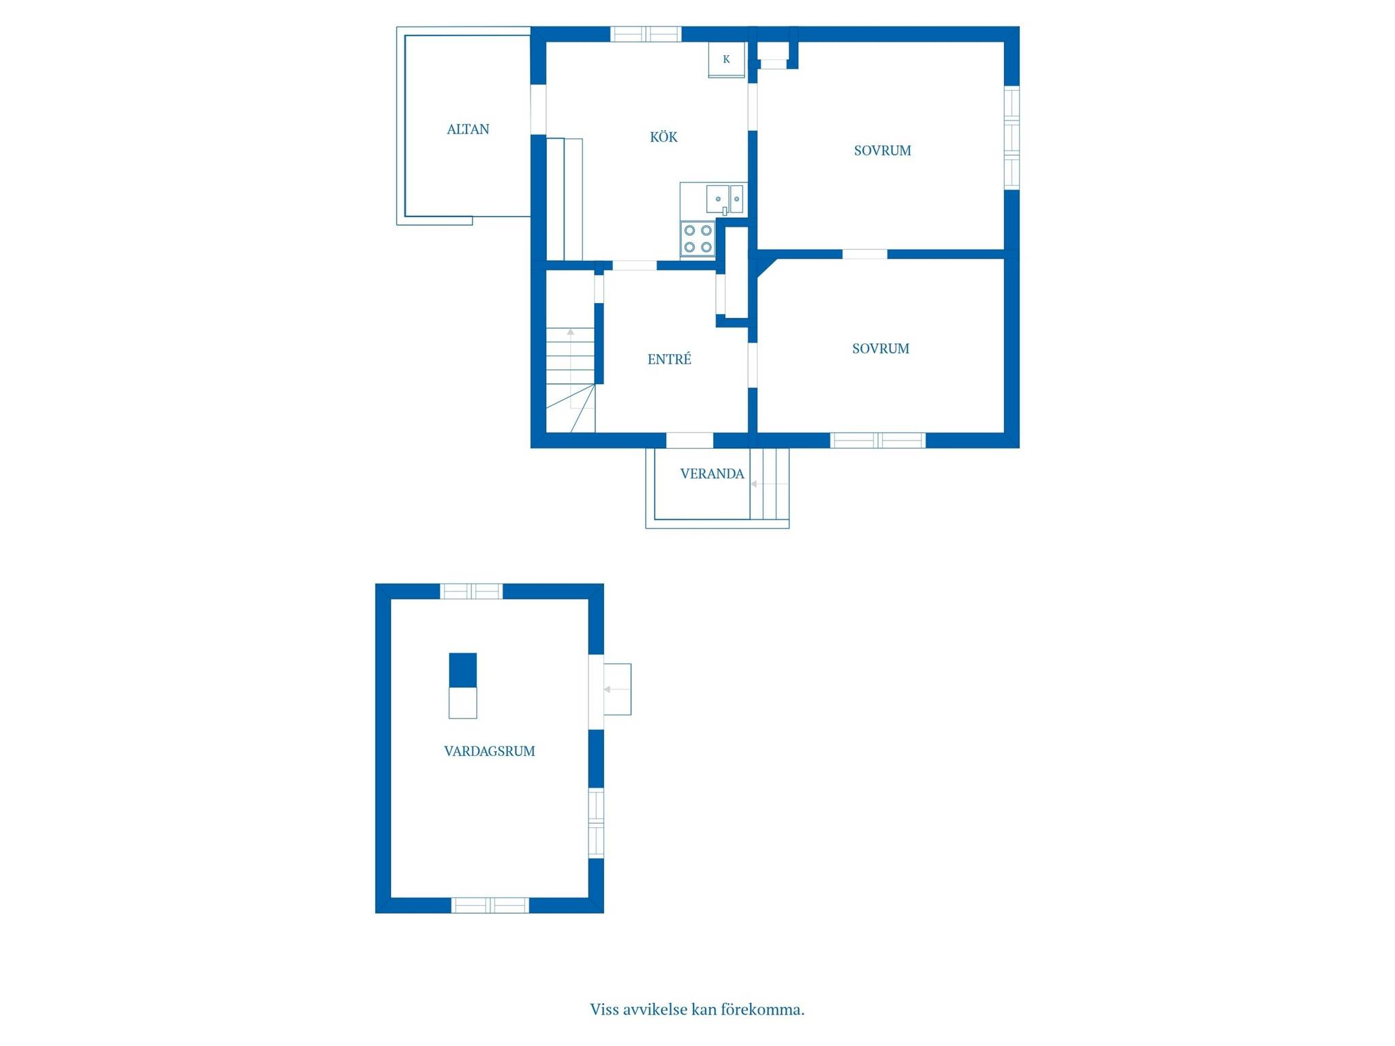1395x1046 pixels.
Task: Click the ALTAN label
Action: tap(468, 129)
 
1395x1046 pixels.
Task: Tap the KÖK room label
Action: tap(663, 137)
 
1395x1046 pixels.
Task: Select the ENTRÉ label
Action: tap(669, 359)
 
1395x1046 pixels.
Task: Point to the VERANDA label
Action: tap(712, 474)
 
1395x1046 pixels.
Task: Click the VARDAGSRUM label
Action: tap(489, 751)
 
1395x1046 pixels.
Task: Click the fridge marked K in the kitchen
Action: tap(726, 60)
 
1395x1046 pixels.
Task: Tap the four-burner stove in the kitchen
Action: tap(697, 239)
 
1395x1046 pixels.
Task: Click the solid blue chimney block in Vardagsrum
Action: tap(463, 670)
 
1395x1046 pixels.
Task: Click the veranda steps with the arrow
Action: tap(769, 484)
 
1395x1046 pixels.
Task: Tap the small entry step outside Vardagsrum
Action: tap(617, 689)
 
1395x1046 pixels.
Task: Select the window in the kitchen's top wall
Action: tap(646, 34)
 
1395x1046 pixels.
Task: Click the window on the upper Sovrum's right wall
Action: tap(1012, 138)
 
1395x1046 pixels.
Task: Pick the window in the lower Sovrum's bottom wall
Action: tap(878, 441)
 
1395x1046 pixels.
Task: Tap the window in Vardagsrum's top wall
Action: tap(471, 591)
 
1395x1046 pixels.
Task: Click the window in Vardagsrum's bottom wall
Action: tap(490, 905)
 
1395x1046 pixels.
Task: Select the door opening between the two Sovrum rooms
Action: tap(865, 254)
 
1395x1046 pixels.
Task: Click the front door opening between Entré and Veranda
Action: tap(689, 441)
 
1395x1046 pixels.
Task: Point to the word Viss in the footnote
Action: tap(604, 1009)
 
